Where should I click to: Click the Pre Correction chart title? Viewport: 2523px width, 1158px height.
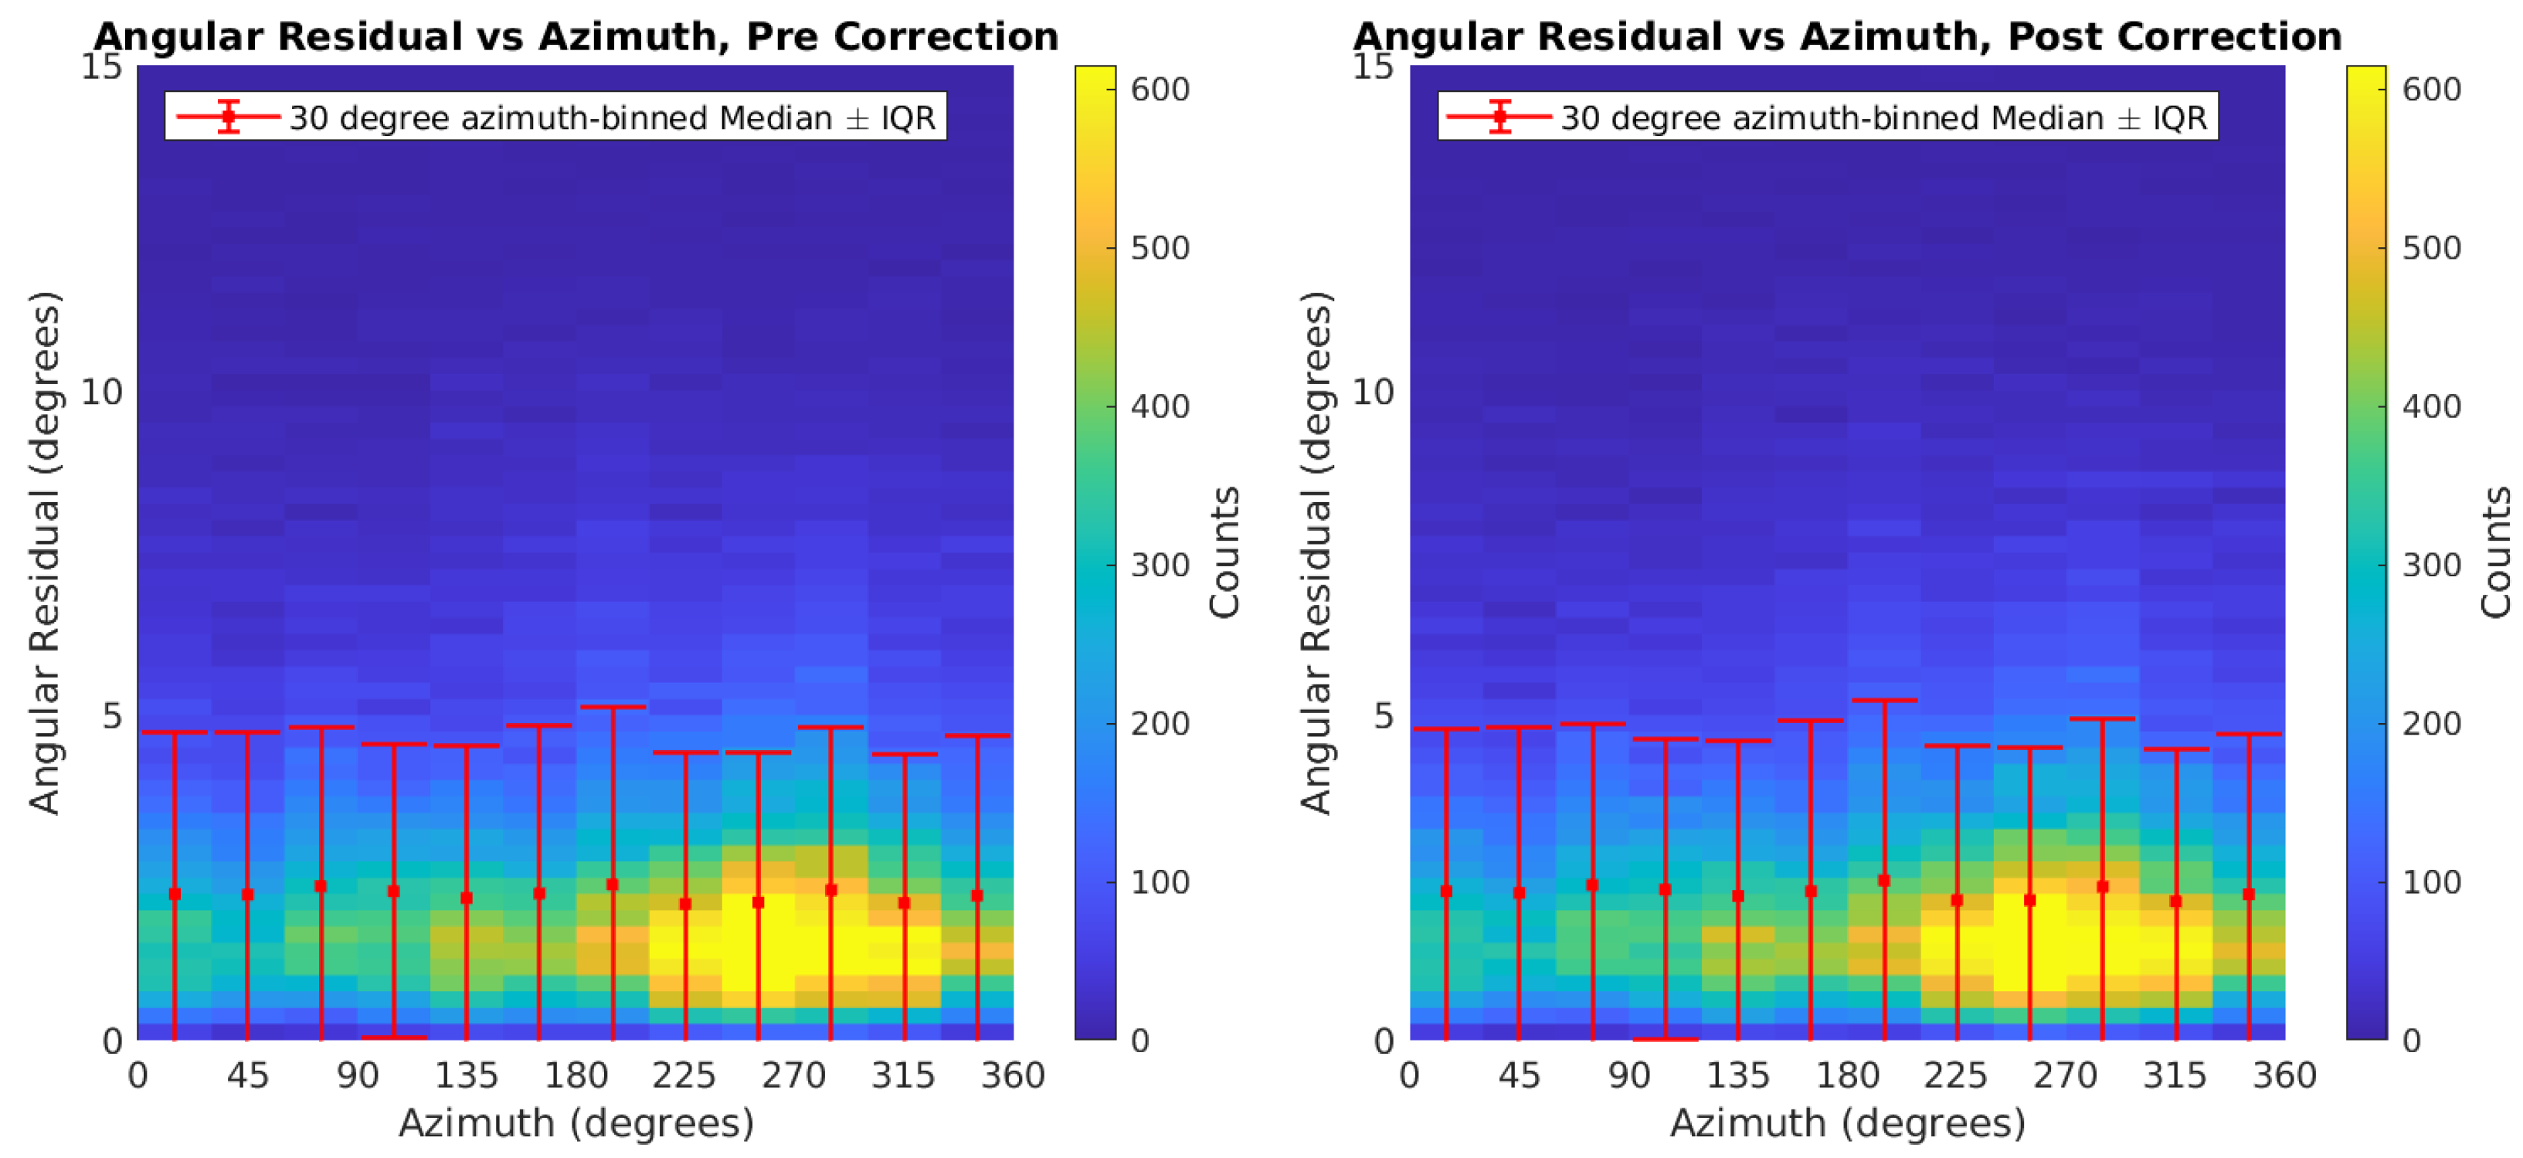[576, 36]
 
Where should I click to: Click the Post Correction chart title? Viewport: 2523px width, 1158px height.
[1847, 36]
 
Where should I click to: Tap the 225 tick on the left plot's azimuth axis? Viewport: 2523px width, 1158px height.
[684, 1075]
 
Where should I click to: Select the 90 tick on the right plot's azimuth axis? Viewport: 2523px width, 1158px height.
[1628, 1075]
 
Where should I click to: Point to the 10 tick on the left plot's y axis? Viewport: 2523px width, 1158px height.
[101, 392]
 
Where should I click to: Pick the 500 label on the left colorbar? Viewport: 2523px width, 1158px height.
[1160, 248]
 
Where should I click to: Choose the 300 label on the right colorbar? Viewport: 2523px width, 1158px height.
[2431, 565]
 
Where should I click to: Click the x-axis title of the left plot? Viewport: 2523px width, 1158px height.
[576, 1122]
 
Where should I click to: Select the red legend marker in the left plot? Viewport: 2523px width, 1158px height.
[228, 117]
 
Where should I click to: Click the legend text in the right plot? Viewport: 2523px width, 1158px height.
[1883, 117]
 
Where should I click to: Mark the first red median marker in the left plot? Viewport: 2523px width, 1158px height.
[175, 894]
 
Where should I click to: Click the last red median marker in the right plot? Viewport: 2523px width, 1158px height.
[2249, 894]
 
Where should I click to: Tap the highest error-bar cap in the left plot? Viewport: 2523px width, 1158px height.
[612, 706]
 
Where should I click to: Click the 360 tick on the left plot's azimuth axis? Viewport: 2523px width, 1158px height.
[1013, 1075]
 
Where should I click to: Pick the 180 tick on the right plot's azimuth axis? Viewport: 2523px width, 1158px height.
[1847, 1075]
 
